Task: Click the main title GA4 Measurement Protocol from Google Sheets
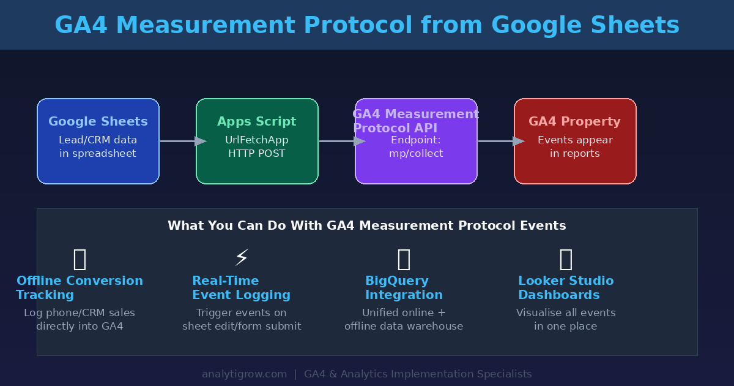(x=367, y=26)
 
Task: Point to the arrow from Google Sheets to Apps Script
(x=182, y=142)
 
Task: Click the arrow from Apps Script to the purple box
(x=341, y=142)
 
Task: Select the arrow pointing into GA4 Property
(x=500, y=142)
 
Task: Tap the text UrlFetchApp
(x=257, y=140)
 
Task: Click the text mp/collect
(x=416, y=154)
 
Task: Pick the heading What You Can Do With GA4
(x=367, y=226)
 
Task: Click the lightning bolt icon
(x=242, y=258)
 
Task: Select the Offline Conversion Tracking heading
(x=80, y=288)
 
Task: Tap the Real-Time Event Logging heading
(x=241, y=288)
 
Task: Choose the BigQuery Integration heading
(x=404, y=288)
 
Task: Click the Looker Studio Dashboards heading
(x=566, y=288)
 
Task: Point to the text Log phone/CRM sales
(x=80, y=313)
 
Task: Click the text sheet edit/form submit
(x=242, y=327)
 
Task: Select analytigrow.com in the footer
(x=245, y=374)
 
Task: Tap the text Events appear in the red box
(x=575, y=140)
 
